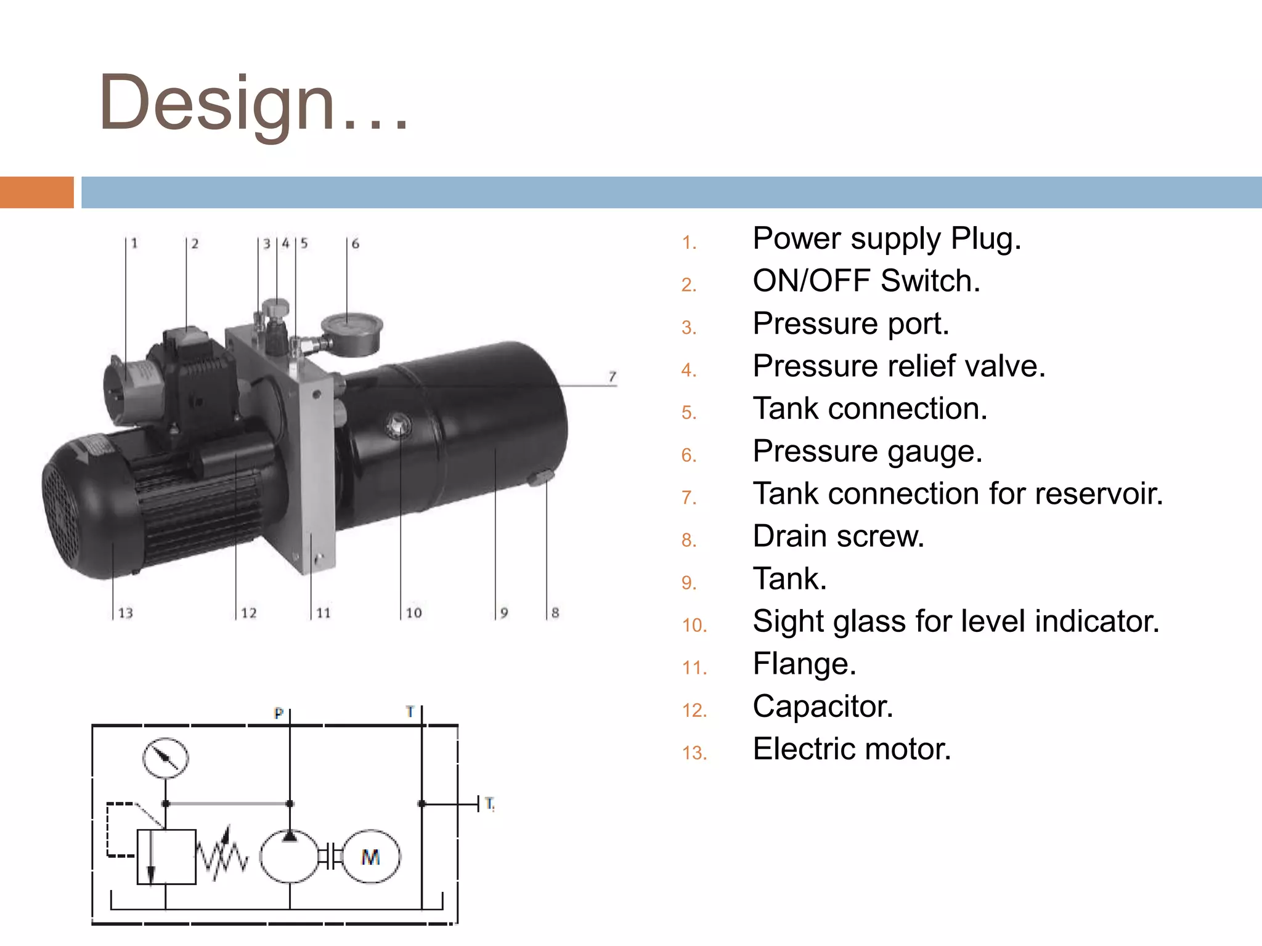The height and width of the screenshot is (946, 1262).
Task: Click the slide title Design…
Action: [253, 103]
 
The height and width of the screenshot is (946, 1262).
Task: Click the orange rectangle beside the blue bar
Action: [36, 192]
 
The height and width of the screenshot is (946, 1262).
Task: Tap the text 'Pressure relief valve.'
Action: [898, 366]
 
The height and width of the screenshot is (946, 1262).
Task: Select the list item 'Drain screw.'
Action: [838, 536]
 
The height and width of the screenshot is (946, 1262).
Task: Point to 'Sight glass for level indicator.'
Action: [956, 621]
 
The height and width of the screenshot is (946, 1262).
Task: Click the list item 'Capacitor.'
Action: [823, 706]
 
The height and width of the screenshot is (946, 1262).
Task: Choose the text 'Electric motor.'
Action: [852, 749]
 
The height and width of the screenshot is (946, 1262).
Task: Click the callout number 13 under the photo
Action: [125, 613]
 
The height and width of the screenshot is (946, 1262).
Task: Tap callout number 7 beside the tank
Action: [612, 376]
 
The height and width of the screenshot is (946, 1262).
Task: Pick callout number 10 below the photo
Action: [413, 613]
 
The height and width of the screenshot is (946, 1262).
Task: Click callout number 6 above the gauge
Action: [355, 244]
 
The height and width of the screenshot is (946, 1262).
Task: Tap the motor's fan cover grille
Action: [62, 505]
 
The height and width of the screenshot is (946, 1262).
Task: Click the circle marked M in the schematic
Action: [371, 857]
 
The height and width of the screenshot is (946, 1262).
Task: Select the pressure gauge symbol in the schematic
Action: [165, 758]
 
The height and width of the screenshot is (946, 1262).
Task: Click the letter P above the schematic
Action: [279, 713]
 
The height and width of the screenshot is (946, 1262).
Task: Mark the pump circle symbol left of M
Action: [289, 857]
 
